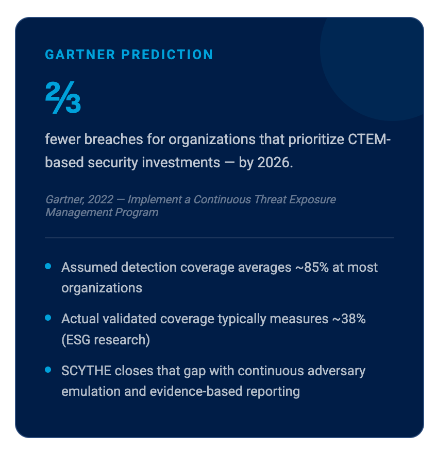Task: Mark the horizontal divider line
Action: click(219, 238)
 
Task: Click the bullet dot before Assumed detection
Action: click(48, 267)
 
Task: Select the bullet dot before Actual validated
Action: click(48, 318)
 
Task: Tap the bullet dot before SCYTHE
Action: click(48, 370)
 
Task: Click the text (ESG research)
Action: click(105, 340)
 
